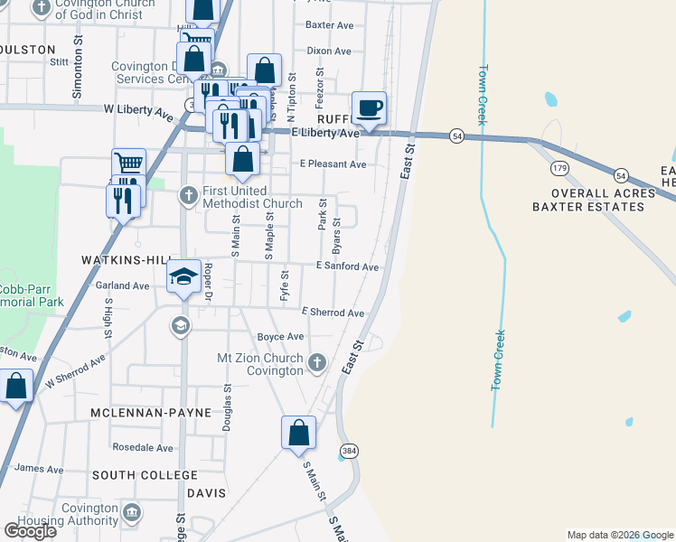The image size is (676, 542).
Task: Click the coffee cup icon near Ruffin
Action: (x=369, y=108)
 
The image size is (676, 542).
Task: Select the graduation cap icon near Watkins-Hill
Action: (x=183, y=277)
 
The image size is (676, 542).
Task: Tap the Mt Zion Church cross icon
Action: (x=316, y=363)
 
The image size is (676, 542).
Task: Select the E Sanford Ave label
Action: (x=347, y=267)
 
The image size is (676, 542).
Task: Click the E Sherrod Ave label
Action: (x=333, y=313)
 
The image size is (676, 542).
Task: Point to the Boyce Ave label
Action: (x=280, y=337)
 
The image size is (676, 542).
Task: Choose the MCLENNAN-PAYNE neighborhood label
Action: (x=151, y=413)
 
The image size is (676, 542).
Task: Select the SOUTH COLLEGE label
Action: (x=145, y=475)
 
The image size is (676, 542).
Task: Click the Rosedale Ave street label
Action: (x=143, y=447)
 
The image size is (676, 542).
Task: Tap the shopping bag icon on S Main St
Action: (x=298, y=434)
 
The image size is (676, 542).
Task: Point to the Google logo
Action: (x=30, y=531)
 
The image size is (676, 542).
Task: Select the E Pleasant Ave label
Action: (x=333, y=164)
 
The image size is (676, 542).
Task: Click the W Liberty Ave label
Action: (x=138, y=108)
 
